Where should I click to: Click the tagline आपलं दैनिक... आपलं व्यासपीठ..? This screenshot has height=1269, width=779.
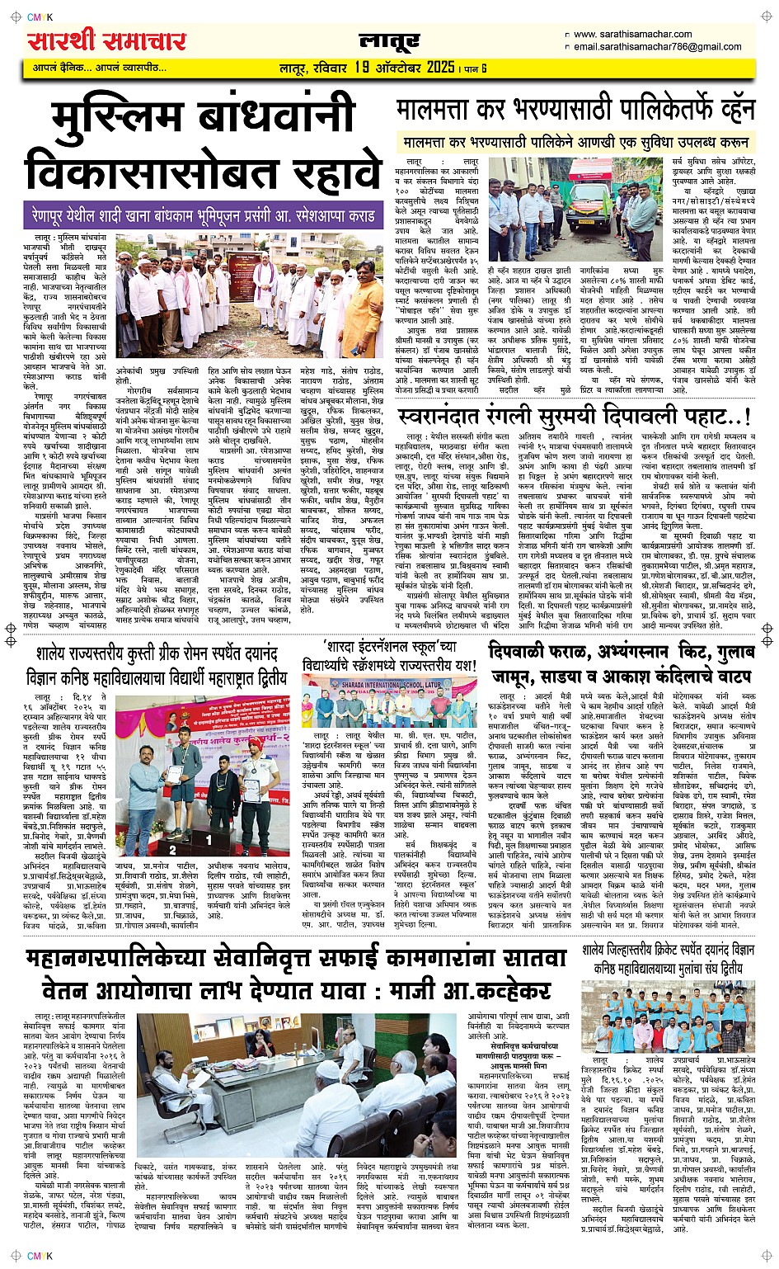(x=100, y=68)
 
